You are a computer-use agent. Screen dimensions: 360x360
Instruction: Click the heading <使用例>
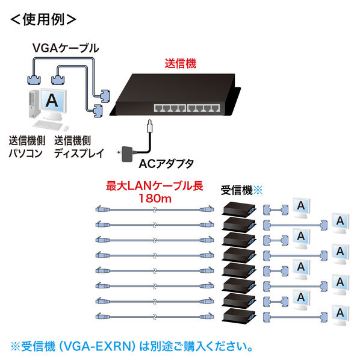click(43, 20)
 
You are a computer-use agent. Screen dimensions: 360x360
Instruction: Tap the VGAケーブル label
click(66, 48)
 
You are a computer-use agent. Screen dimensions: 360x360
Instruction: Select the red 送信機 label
click(181, 64)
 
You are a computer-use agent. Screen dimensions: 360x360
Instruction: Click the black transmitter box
click(176, 95)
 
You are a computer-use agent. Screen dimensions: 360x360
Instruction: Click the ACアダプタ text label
click(166, 164)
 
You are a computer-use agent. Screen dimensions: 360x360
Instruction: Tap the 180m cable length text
click(155, 199)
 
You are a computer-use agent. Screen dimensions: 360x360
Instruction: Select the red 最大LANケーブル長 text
click(154, 186)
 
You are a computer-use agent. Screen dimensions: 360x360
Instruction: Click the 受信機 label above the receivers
click(237, 190)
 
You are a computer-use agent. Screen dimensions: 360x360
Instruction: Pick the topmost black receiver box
click(239, 209)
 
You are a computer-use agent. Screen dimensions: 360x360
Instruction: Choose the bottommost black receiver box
click(239, 316)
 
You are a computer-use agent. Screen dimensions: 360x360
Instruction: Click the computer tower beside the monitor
click(34, 104)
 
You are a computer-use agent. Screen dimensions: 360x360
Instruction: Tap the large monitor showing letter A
click(53, 104)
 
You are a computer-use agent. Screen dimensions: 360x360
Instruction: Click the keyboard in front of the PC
click(48, 125)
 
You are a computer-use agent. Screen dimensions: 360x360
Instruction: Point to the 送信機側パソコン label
click(27, 147)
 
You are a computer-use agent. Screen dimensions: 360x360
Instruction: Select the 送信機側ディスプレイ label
click(79, 147)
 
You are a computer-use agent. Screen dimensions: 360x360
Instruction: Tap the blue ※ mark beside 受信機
click(258, 190)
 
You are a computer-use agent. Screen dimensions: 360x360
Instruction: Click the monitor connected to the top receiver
click(302, 208)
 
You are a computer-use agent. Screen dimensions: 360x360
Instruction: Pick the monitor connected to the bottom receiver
click(341, 315)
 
